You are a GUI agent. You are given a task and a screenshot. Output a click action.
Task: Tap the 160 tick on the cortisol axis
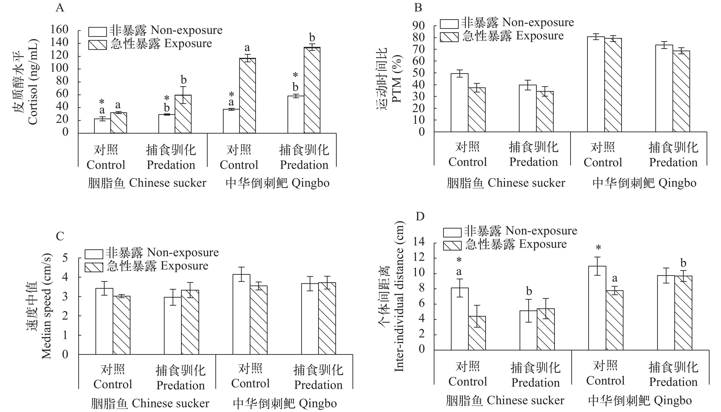pos(59,30)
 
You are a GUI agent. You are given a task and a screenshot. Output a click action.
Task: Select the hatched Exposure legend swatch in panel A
pos(97,45)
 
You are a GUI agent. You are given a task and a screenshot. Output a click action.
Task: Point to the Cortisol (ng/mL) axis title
pos(33,82)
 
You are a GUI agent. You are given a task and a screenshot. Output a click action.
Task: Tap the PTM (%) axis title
pos(397,79)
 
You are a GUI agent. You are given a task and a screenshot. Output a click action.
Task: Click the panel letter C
pos(60,236)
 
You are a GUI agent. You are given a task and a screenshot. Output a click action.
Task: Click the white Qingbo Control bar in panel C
pos(241,314)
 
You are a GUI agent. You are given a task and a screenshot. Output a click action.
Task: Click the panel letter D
pos(420,216)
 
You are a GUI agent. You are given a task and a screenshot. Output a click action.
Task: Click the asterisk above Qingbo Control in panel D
pos(598,248)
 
